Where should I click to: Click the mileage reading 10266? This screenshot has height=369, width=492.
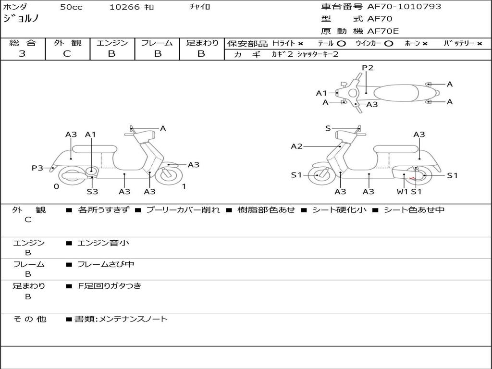pyautogui.click(x=124, y=7)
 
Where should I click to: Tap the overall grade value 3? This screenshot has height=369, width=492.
pyautogui.click(x=22, y=54)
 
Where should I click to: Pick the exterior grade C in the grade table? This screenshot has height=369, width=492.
pyautogui.click(x=67, y=54)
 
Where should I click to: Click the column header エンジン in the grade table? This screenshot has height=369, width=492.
pyautogui.click(x=112, y=43)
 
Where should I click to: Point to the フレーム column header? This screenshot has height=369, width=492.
pyautogui.click(x=157, y=43)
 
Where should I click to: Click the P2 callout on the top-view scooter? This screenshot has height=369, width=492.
pyautogui.click(x=367, y=68)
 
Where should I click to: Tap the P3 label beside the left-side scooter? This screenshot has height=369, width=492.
pyautogui.click(x=37, y=168)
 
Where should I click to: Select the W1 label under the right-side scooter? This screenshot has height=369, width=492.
pyautogui.click(x=402, y=192)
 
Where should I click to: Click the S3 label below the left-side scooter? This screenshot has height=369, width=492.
pyautogui.click(x=92, y=192)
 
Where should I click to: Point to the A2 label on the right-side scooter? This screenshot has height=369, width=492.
pyautogui.click(x=296, y=147)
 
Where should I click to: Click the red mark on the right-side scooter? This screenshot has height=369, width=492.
pyautogui.click(x=412, y=179)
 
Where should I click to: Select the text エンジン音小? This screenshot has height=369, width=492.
pyautogui.click(x=103, y=243)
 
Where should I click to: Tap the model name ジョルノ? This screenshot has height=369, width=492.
pyautogui.click(x=21, y=19)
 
